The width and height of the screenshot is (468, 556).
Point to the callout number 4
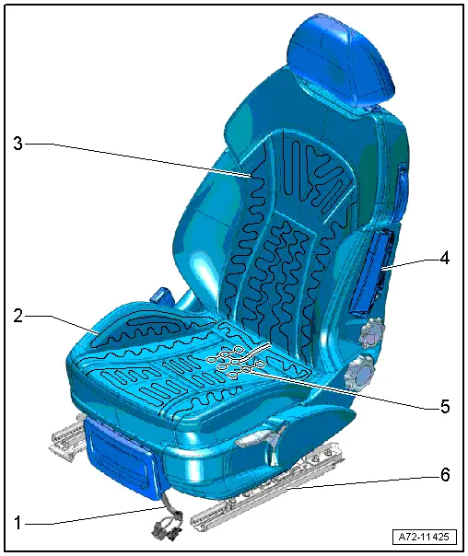(445, 259)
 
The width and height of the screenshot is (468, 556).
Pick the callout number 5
(445, 406)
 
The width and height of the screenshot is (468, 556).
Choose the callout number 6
(445, 476)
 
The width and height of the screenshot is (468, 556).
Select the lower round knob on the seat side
(360, 373)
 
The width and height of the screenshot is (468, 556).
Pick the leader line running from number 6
(359, 483)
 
